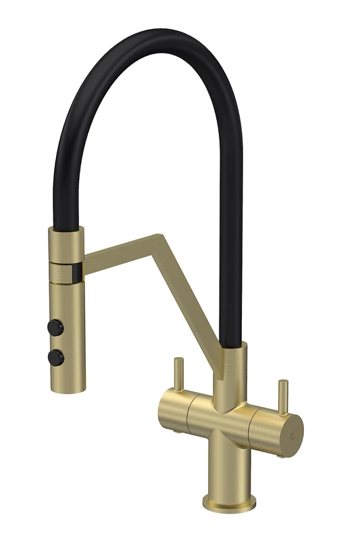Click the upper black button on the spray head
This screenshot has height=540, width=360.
tap(53, 326)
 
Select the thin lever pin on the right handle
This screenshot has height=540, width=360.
tap(282, 396)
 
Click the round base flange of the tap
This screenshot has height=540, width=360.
tap(229, 503)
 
